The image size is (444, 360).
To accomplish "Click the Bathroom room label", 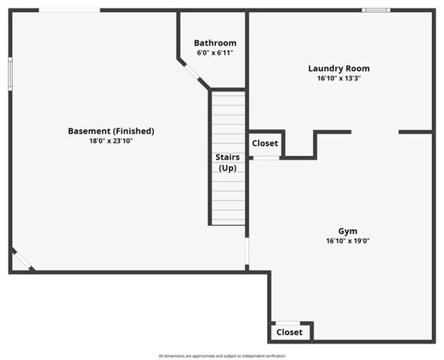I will [x=214, y=43].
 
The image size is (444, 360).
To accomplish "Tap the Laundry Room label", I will [x=338, y=68].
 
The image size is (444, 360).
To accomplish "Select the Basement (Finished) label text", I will [x=111, y=131].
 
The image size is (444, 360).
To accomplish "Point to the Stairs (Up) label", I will [x=227, y=162].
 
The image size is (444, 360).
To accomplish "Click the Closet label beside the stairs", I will [x=265, y=143].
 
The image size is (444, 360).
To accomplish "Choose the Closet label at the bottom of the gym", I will [x=289, y=331].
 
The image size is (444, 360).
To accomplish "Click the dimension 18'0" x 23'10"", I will [x=111, y=141].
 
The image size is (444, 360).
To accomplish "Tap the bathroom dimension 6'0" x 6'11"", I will [x=214, y=53].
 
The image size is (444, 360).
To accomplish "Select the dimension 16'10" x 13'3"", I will [x=338, y=78].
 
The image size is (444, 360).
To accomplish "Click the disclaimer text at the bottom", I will [x=222, y=355].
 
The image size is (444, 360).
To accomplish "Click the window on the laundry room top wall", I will [x=376, y=10].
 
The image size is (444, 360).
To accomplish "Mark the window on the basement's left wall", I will [x=10, y=73].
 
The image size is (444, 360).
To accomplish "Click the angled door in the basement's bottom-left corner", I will [x=23, y=259].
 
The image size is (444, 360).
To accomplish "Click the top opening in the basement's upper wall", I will [x=69, y=10].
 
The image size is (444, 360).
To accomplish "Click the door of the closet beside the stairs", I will [x=265, y=157].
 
